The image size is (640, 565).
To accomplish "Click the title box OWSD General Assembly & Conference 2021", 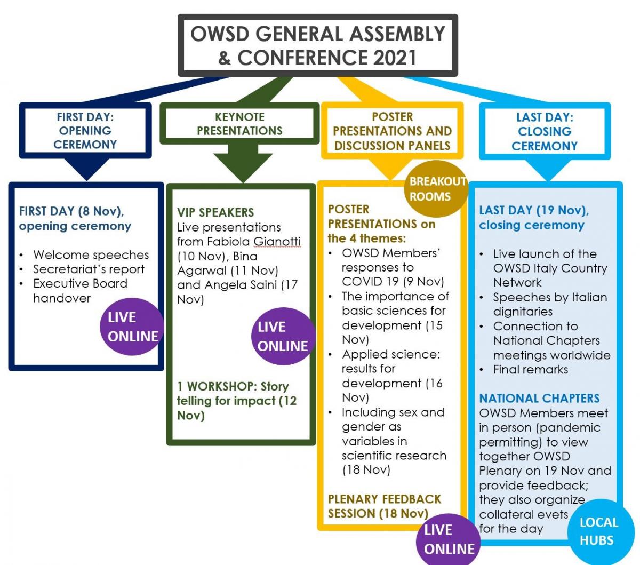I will [x=318, y=45].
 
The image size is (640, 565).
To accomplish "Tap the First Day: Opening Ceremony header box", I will [x=85, y=131].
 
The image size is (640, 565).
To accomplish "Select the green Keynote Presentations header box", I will [x=239, y=124].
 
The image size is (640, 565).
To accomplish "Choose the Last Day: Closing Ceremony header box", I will [x=545, y=132].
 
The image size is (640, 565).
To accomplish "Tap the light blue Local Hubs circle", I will [x=598, y=531].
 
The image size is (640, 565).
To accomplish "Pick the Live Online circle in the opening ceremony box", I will [x=132, y=327].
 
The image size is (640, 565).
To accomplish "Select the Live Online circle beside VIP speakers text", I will [x=282, y=336].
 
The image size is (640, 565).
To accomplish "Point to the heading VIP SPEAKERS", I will [x=215, y=212].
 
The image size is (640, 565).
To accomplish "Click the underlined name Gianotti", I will [x=277, y=242].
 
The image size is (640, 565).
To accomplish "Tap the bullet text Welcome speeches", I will [x=91, y=255].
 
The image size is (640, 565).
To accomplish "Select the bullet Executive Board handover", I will [x=80, y=291].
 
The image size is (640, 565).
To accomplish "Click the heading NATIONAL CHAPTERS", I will [x=539, y=399].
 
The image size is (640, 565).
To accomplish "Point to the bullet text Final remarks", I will [x=530, y=370].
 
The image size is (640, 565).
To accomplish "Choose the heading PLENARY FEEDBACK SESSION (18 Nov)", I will [x=384, y=506].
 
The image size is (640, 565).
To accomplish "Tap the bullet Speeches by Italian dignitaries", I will [x=549, y=304].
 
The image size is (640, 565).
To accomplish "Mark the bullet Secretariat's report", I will [x=89, y=269].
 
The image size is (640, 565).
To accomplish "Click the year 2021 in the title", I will [x=388, y=58].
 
